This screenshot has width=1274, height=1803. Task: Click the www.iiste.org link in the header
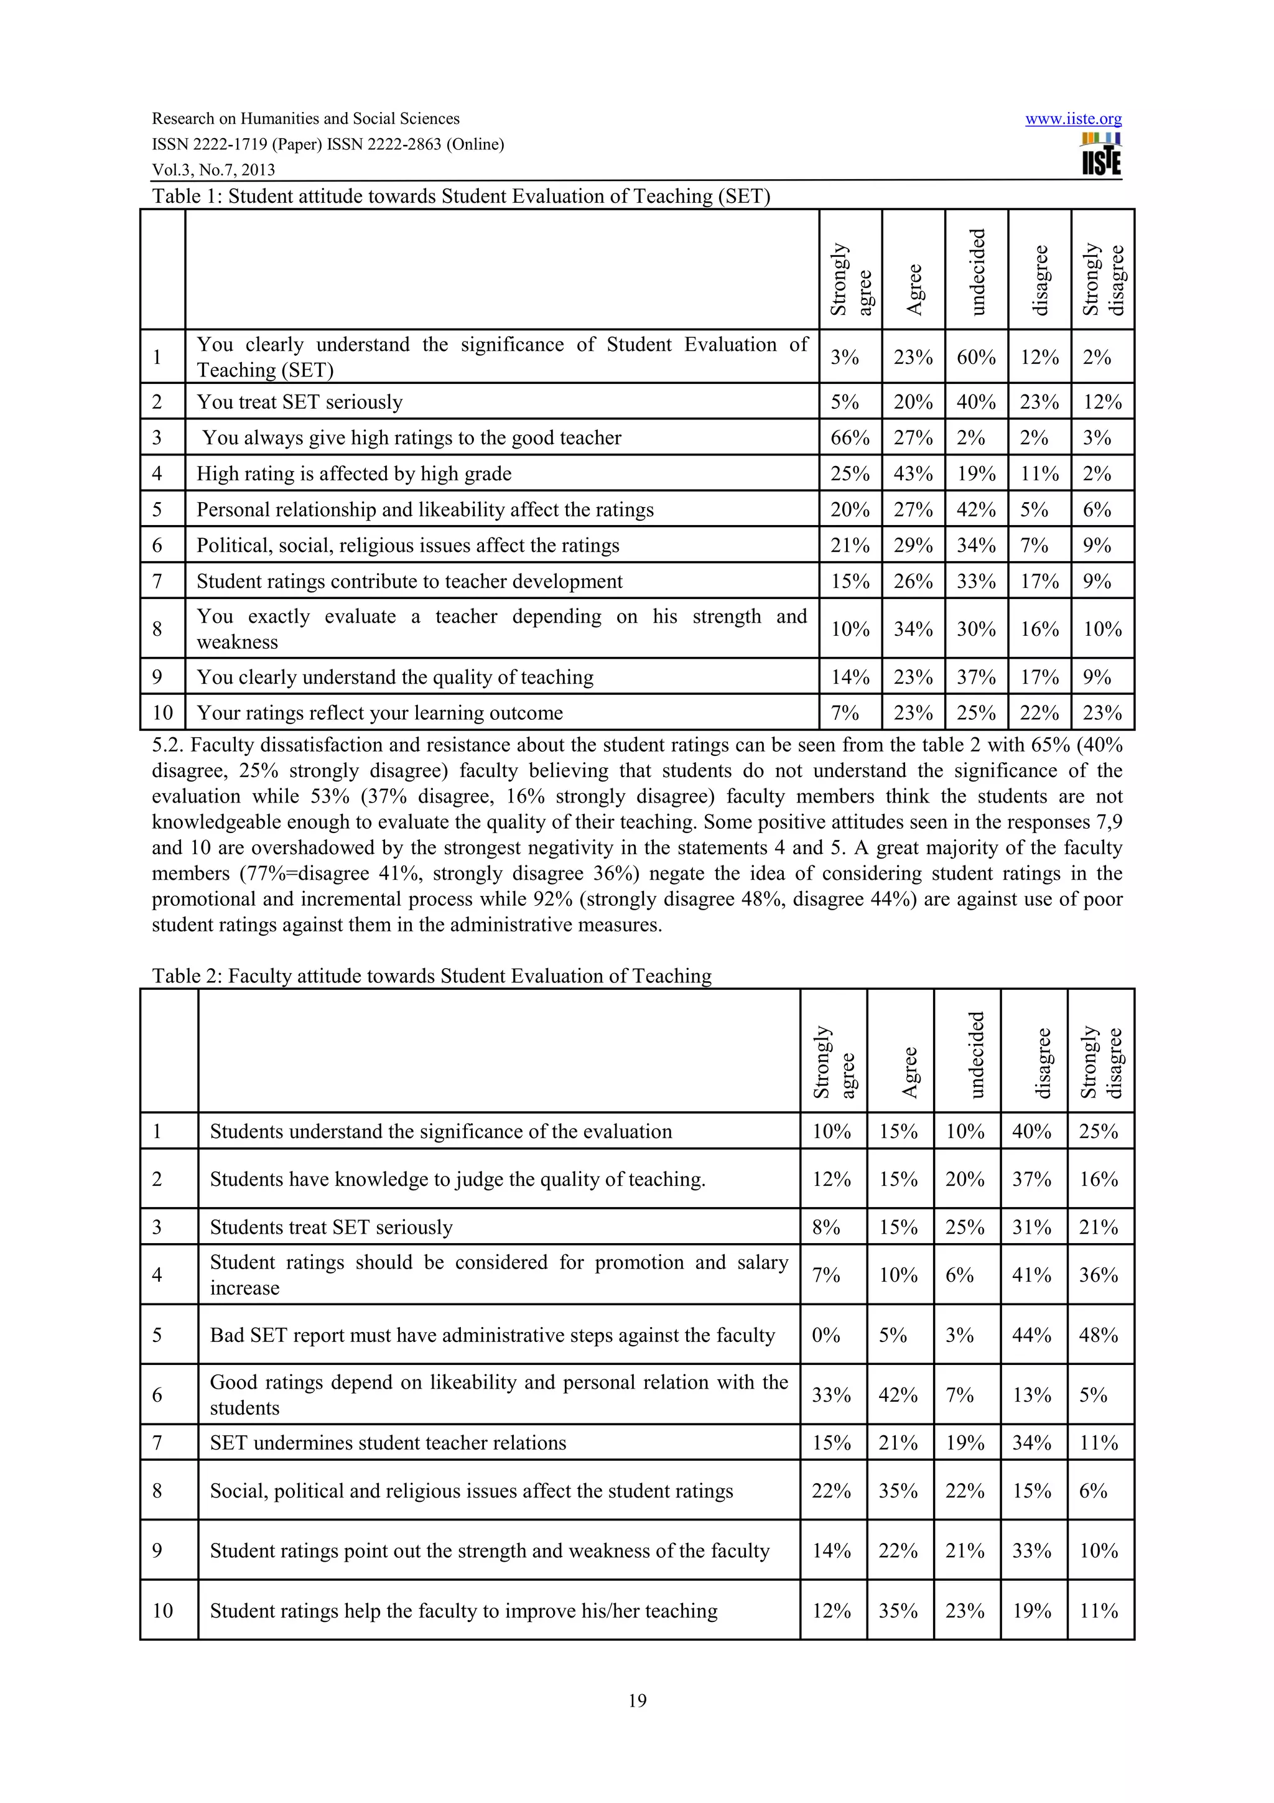pos(1072,119)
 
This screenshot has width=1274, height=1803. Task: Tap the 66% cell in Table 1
pos(849,437)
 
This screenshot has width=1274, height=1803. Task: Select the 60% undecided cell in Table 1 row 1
pos(975,357)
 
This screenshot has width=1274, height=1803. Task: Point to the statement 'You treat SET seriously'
pos(299,402)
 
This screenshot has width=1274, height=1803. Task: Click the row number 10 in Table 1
pos(162,713)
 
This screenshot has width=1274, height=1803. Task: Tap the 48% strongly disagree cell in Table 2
pos(1097,1335)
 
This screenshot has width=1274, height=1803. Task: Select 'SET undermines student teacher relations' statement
pos(388,1443)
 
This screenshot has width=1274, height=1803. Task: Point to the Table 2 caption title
pos(431,976)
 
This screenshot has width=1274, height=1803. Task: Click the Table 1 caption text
pos(461,197)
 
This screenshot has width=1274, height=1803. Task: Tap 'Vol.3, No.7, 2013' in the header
pos(213,170)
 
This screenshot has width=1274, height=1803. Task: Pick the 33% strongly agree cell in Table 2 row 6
pos(830,1395)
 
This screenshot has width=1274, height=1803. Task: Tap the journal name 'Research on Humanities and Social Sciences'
pos(305,119)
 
